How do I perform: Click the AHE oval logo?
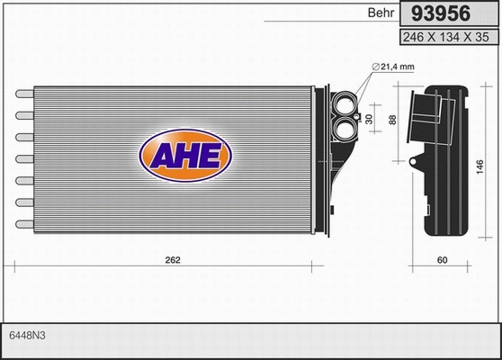click(184, 155)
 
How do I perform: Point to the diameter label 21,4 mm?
click(392, 67)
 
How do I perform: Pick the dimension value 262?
click(174, 260)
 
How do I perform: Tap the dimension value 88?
click(392, 121)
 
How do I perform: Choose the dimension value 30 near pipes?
click(368, 119)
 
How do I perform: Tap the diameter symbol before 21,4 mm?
click(373, 67)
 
